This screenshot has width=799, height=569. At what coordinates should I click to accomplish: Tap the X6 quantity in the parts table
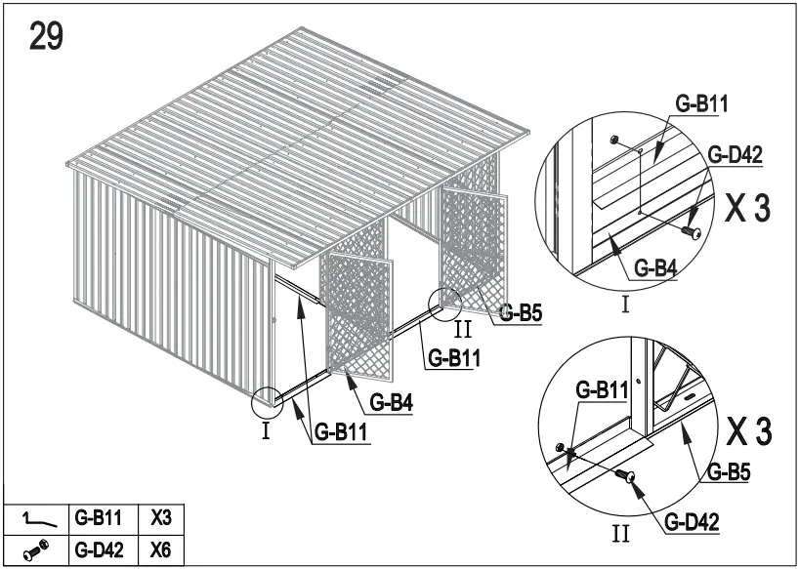coord(161,549)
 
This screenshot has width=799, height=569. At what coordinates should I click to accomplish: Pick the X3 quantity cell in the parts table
coord(161,517)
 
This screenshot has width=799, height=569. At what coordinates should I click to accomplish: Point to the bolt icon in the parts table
coord(34,550)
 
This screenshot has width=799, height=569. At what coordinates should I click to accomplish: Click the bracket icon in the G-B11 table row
coord(34,518)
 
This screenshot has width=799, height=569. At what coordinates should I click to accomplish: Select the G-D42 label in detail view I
coord(735,153)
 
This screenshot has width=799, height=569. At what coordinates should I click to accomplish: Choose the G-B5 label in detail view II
coord(728,473)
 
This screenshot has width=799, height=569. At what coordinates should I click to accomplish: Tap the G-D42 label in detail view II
coord(692,523)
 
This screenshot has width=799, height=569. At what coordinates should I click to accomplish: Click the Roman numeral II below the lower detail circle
coord(621,534)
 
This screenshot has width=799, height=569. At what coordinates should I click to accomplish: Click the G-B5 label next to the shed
coord(521,313)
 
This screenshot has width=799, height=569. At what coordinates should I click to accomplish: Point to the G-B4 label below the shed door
coord(391,402)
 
